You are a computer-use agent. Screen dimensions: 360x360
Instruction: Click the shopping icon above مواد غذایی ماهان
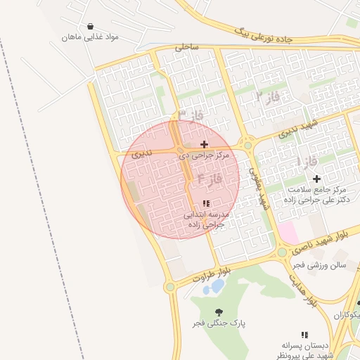(91, 27)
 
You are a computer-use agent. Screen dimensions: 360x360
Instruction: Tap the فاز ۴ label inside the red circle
(209, 179)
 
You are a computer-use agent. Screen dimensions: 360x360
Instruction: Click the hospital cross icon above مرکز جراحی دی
(205, 144)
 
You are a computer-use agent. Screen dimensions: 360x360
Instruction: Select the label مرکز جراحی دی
(204, 154)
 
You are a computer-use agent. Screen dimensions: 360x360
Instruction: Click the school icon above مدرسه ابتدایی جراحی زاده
(205, 204)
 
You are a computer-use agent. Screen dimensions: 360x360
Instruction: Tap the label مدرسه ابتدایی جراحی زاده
(205, 220)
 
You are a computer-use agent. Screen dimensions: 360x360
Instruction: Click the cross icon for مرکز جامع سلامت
(317, 179)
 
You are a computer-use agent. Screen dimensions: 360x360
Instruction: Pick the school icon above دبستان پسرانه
(304, 335)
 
